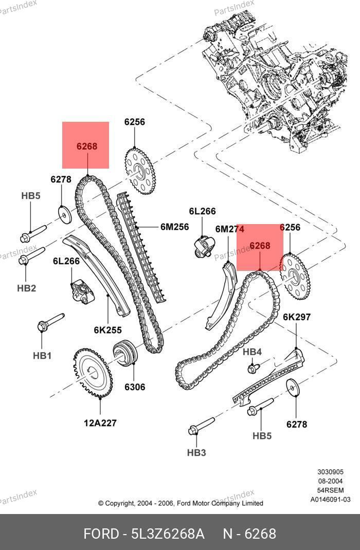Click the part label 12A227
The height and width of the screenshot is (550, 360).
pos(100,423)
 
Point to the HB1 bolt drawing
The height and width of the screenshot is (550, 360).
pos(50,323)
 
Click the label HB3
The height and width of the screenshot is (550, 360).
pos(196,452)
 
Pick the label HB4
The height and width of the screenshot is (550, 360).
pos(252,352)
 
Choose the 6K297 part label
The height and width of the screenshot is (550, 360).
pos(297,317)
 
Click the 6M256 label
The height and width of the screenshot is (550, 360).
pos(174,227)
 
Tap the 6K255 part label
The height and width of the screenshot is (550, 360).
pos(107,330)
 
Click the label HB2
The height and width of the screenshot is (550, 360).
pos(26,288)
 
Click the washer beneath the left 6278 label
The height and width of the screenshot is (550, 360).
pos(64,212)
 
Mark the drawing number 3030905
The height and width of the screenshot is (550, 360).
pos(330,472)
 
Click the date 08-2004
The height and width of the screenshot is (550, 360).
pos(330,481)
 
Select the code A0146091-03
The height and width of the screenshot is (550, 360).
pos(330,499)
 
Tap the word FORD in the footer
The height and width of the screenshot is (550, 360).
pos(101,534)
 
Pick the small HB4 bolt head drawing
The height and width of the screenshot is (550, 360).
pos(253,368)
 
